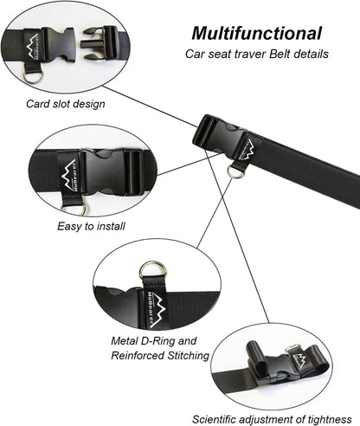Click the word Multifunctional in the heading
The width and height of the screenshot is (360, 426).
(x=257, y=34)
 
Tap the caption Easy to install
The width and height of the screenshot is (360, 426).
(x=92, y=225)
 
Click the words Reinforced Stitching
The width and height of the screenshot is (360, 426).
(x=160, y=355)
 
